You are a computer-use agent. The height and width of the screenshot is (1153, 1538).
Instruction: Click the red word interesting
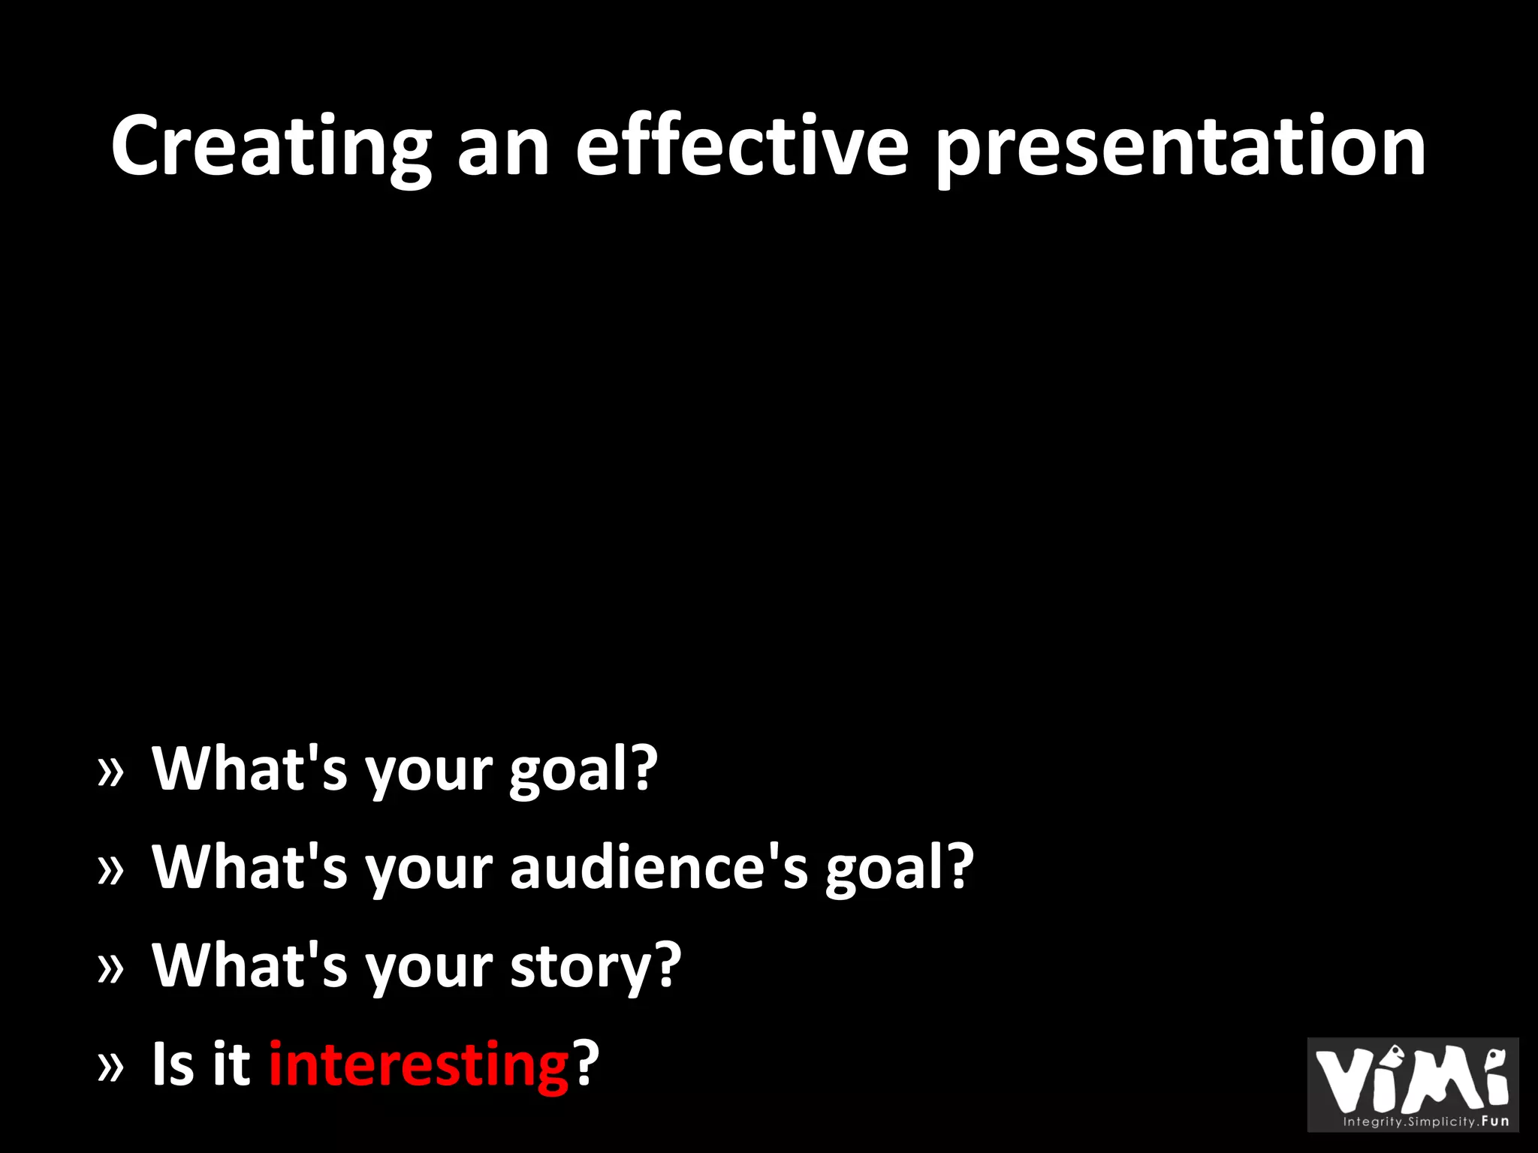click(419, 1064)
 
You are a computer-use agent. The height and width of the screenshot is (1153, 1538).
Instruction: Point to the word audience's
click(659, 867)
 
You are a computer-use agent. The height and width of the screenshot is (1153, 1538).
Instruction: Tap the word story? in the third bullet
click(596, 966)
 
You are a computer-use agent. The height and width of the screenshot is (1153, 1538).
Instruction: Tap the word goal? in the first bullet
click(584, 769)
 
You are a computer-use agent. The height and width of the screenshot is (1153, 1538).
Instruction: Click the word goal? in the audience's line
click(899, 868)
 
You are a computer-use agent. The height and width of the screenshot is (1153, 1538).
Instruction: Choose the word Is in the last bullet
click(173, 1064)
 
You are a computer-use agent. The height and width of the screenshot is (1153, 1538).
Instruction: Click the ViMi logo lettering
click(1412, 1078)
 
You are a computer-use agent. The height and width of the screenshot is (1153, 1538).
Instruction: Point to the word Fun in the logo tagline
click(1495, 1121)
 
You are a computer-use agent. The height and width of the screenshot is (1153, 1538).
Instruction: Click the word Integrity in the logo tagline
click(1373, 1122)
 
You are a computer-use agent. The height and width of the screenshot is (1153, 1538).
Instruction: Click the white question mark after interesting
click(587, 1062)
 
